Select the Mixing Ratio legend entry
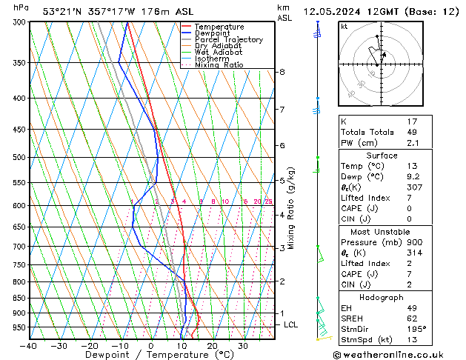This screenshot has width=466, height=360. (219, 65)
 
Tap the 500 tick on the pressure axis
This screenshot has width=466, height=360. (19, 158)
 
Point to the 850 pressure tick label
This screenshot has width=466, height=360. (19, 299)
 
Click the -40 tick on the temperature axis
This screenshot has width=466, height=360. (29, 346)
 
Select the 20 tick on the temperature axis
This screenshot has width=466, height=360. (212, 346)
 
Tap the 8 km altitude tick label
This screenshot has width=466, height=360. (282, 72)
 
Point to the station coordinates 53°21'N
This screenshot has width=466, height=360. (61, 12)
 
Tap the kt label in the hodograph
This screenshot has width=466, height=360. (344, 26)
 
